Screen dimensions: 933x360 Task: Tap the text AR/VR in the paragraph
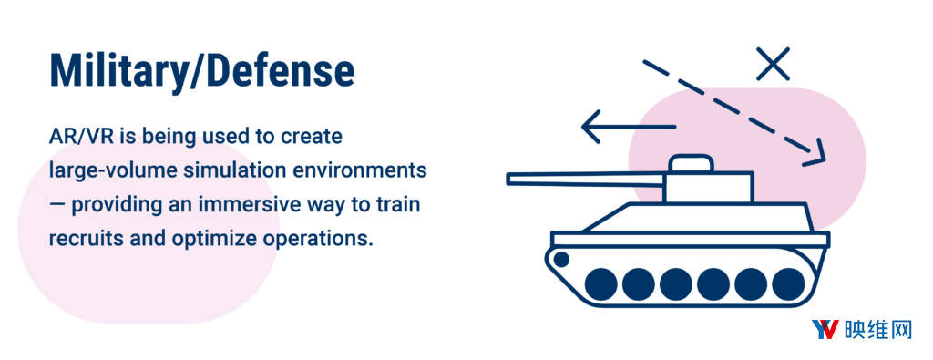tap(80, 137)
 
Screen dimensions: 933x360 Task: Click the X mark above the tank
tap(773, 64)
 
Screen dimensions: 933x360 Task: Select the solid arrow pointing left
tap(629, 127)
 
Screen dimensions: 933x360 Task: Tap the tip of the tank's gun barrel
tap(508, 178)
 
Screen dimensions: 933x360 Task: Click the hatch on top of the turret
tap(691, 163)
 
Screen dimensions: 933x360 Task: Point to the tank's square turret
tap(708, 187)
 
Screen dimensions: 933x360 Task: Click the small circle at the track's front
tap(561, 259)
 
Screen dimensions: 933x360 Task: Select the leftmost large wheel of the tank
tap(601, 283)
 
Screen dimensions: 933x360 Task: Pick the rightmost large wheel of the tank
tap(788, 283)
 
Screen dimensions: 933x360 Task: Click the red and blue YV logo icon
tap(825, 329)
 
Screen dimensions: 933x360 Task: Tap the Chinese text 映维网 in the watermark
tap(877, 330)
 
